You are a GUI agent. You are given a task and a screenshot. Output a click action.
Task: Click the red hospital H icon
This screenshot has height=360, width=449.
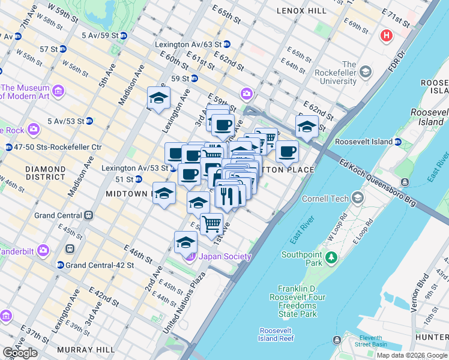(386, 35)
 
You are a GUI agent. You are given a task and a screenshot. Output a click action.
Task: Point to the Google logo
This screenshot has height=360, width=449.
(20, 353)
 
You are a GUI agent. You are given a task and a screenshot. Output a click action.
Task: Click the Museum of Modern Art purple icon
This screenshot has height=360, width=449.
(58, 91)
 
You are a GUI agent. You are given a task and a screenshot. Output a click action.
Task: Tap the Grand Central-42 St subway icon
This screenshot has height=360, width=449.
(60, 265)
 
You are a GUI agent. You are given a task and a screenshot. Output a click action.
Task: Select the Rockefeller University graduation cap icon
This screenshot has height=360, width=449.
(366, 72)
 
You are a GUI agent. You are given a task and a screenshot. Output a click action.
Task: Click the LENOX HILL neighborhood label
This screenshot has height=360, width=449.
(302, 11)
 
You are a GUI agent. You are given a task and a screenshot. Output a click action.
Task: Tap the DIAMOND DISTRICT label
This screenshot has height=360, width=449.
(46, 173)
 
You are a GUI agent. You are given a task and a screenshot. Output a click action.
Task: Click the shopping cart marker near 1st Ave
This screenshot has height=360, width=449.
(211, 224)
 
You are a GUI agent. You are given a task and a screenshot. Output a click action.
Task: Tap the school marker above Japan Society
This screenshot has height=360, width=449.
(186, 242)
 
